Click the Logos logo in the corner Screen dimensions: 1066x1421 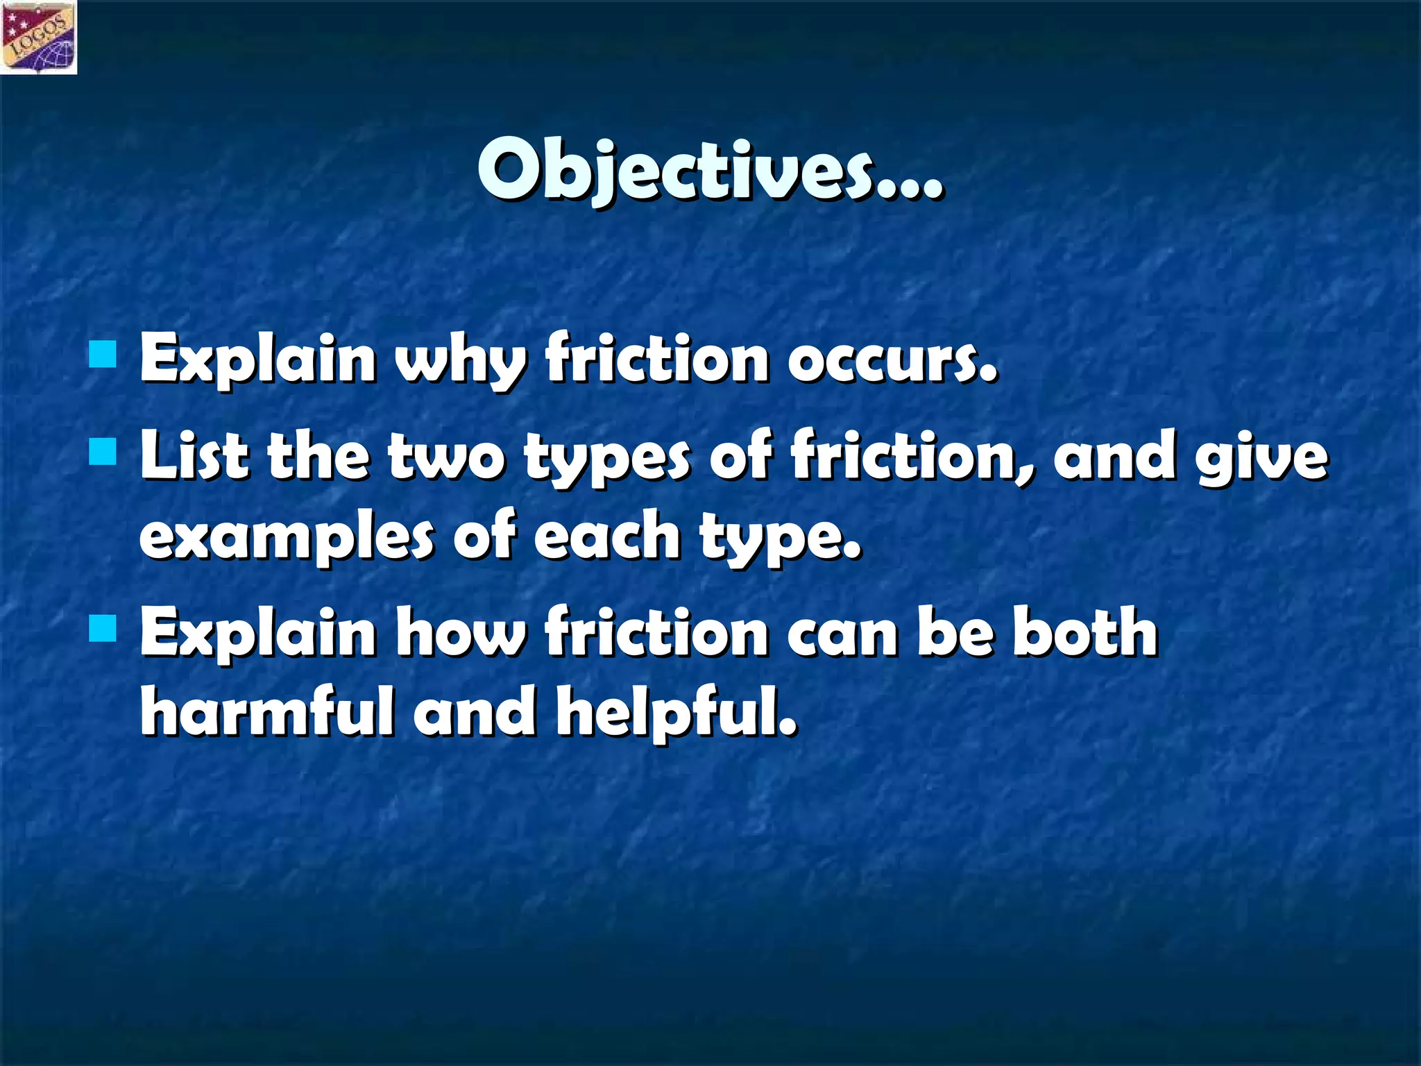click(x=39, y=37)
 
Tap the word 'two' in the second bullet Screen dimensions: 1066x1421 click(x=447, y=458)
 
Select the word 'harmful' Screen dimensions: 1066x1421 click(x=266, y=712)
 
